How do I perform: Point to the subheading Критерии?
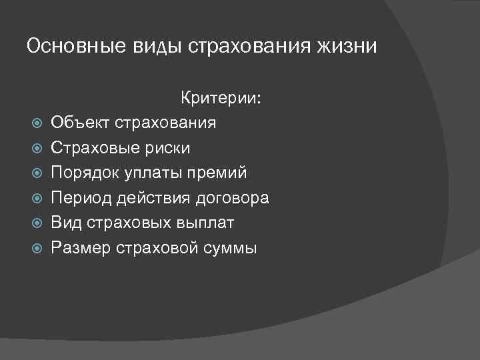point(222,99)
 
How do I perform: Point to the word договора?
point(233,198)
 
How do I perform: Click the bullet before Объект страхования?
point(37,124)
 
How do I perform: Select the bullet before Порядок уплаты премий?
point(37,173)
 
